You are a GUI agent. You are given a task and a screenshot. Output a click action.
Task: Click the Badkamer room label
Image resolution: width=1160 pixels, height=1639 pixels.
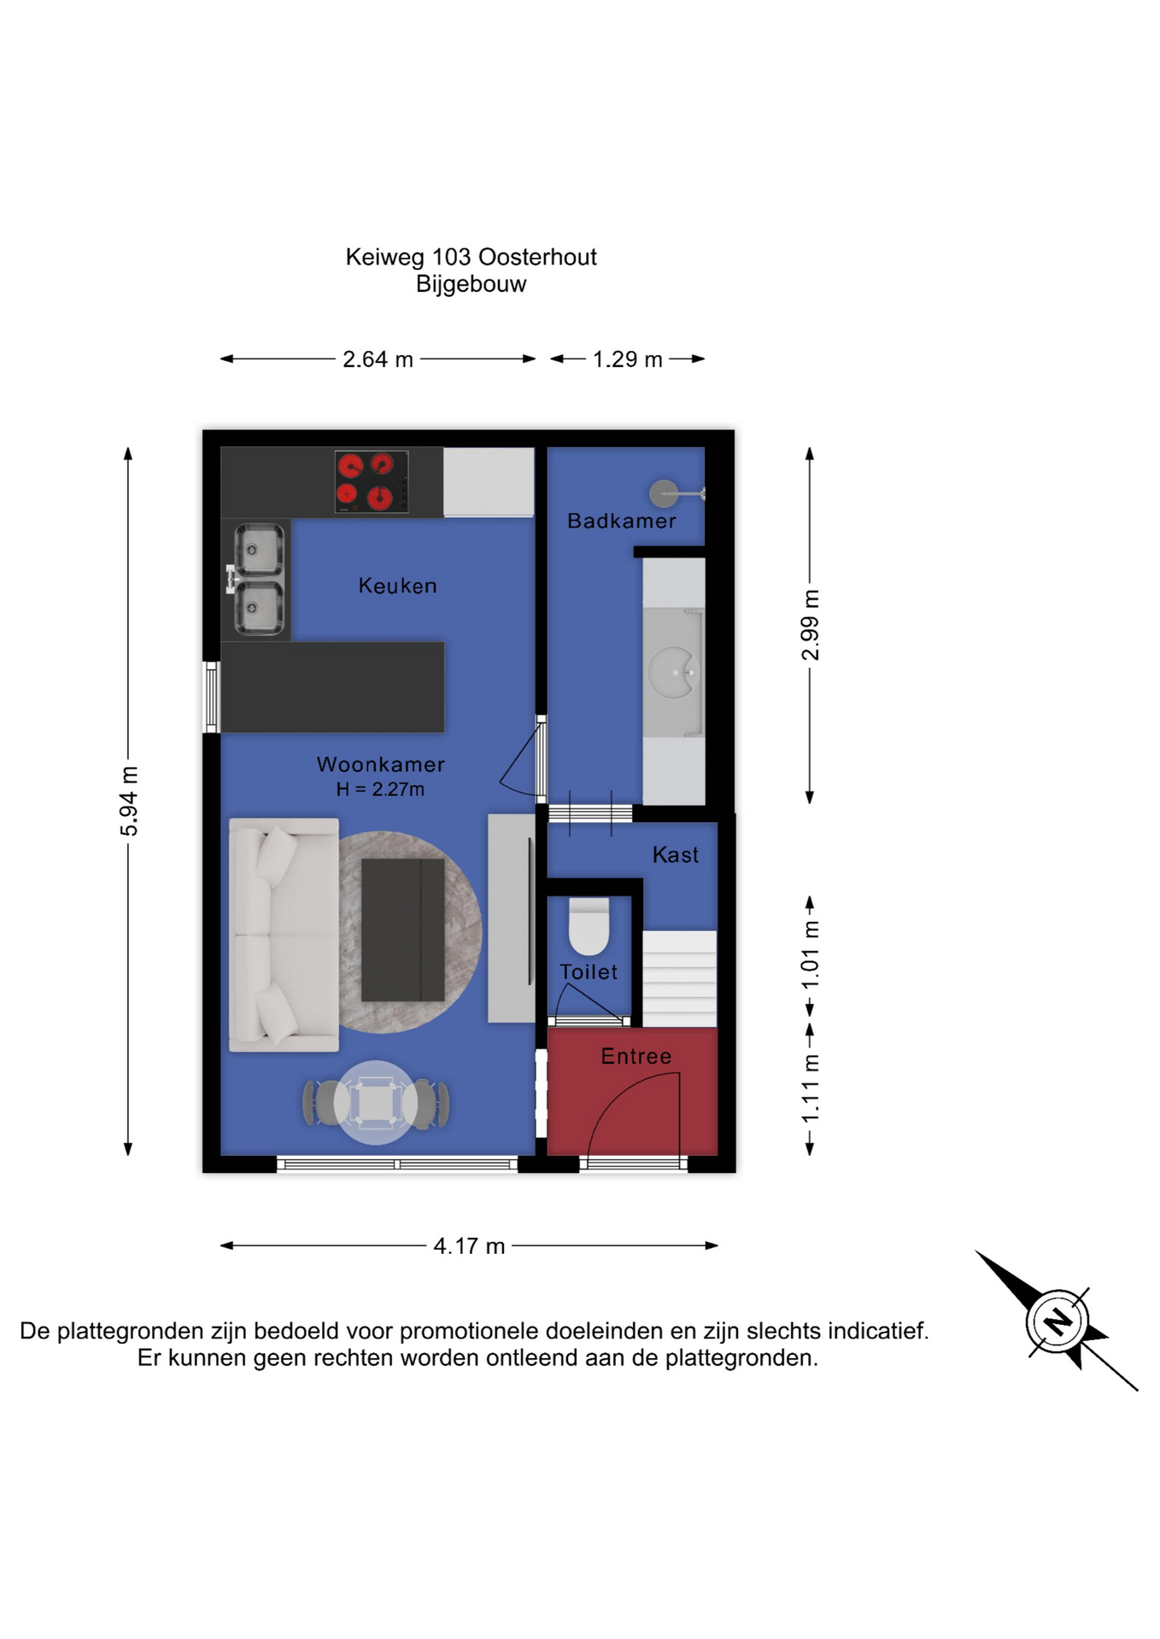(x=621, y=521)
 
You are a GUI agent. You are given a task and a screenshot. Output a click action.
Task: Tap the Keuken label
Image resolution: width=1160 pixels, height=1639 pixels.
(x=397, y=586)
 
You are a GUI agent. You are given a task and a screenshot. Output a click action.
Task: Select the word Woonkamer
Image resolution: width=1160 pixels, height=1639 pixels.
(x=380, y=764)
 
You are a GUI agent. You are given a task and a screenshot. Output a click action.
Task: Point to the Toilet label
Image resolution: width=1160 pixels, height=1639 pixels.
(x=589, y=971)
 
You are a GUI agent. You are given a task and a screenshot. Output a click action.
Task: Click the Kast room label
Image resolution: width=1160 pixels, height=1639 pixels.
(x=676, y=854)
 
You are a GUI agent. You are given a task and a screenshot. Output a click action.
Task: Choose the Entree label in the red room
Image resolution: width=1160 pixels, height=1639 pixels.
(x=636, y=1056)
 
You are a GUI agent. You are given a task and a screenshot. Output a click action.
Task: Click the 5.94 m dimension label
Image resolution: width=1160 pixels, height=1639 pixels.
(x=128, y=802)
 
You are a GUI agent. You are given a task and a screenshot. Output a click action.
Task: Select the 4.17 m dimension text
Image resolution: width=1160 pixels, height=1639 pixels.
(x=469, y=1245)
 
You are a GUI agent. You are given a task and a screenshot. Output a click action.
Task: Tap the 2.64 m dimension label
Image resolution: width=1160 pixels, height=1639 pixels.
(x=378, y=359)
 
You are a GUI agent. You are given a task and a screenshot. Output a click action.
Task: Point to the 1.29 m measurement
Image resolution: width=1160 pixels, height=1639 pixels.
(x=628, y=359)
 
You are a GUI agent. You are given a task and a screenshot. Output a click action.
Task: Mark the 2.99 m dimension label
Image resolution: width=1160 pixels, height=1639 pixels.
(x=810, y=625)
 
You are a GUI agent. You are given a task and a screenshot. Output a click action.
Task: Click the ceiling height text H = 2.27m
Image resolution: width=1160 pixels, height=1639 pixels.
(x=380, y=789)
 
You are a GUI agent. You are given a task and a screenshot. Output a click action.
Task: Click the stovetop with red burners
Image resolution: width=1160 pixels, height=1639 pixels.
(x=372, y=482)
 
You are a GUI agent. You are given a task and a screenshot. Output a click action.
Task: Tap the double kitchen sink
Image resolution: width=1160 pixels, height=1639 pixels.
(x=257, y=580)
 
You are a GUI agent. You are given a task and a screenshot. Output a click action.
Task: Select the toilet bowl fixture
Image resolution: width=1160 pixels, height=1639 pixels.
(x=589, y=926)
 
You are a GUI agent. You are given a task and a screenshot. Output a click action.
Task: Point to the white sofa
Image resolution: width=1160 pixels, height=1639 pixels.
(x=284, y=935)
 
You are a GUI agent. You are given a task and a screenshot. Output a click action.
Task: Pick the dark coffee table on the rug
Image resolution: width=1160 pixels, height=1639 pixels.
(x=403, y=930)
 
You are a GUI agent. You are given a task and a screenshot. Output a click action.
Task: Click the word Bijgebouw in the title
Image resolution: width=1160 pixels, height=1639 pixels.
(x=471, y=284)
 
